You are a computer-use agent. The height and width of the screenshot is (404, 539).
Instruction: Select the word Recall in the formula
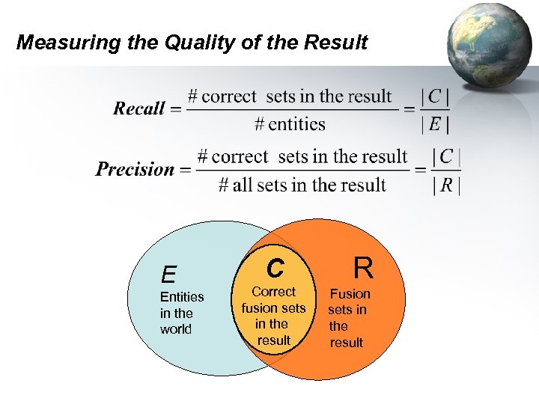click(x=139, y=108)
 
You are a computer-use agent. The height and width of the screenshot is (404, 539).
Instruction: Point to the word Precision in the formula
click(x=135, y=169)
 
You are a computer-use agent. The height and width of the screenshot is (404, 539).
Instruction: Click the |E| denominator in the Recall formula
click(x=435, y=124)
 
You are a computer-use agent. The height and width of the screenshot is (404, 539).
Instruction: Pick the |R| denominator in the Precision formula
click(x=447, y=185)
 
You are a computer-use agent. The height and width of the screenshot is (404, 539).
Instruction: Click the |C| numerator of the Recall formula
click(x=435, y=97)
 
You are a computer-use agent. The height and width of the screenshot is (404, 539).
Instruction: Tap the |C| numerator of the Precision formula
click(x=447, y=157)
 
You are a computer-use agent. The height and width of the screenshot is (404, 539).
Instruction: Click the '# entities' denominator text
click(x=292, y=124)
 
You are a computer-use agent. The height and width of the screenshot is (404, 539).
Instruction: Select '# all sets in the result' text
click(x=302, y=185)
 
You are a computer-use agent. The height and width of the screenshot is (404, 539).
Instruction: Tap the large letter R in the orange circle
click(x=363, y=266)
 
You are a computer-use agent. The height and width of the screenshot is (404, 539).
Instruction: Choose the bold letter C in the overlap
click(x=275, y=267)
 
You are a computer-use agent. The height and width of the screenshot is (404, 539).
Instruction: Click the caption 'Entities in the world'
click(x=182, y=313)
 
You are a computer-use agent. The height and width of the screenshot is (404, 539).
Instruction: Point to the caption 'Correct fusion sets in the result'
click(x=273, y=316)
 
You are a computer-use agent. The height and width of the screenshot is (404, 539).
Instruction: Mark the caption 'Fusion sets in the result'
click(x=348, y=318)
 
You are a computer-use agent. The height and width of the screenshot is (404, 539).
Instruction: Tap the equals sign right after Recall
click(x=176, y=109)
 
